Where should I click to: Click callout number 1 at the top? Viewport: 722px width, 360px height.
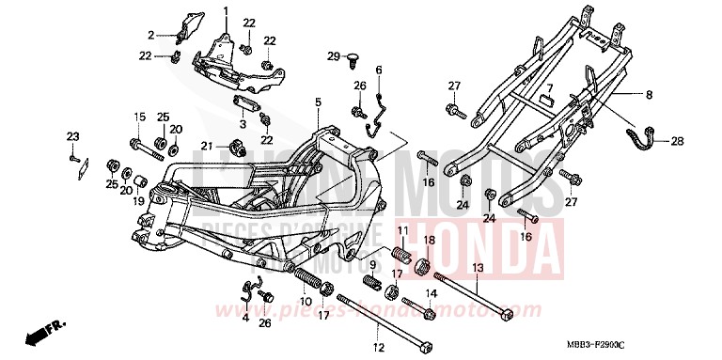pyautogui.click(x=226, y=10)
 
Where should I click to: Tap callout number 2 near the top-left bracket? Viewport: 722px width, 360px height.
pyautogui.click(x=149, y=35)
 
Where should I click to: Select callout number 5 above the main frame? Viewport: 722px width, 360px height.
pyautogui.click(x=318, y=102)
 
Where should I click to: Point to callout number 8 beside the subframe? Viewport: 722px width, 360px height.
pyautogui.click(x=648, y=96)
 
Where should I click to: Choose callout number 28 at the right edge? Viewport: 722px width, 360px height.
pyautogui.click(x=678, y=142)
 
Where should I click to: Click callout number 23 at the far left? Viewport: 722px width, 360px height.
pyautogui.click(x=70, y=137)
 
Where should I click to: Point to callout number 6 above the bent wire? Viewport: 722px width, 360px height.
pyautogui.click(x=380, y=70)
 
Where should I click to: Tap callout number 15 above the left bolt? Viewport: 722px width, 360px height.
pyautogui.click(x=138, y=117)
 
